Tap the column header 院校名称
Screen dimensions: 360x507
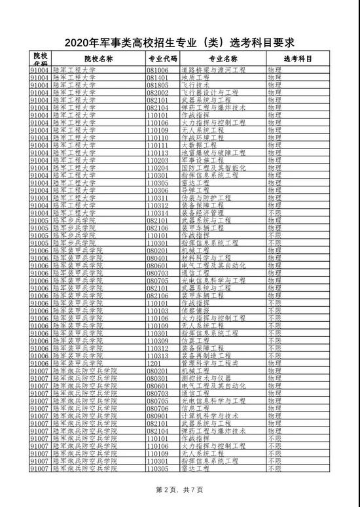(85, 58)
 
